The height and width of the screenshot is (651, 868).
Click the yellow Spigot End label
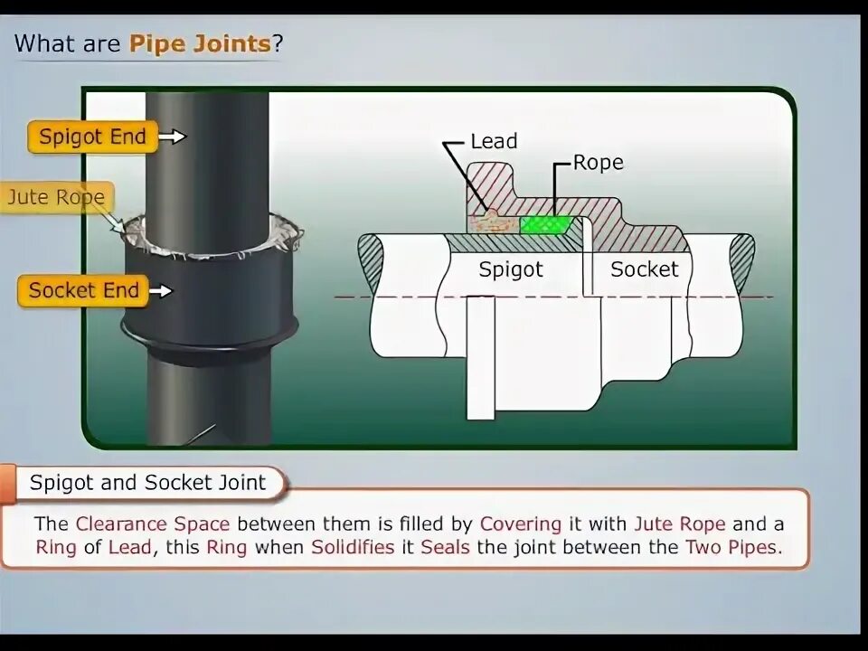(91, 137)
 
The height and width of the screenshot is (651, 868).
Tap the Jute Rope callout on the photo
(56, 197)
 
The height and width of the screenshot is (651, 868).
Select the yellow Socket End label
(83, 291)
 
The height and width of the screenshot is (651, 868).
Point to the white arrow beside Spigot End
(173, 137)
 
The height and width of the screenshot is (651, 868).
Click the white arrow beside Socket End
(160, 291)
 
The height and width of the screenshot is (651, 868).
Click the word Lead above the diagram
(494, 141)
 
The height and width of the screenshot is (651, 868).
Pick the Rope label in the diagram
(599, 163)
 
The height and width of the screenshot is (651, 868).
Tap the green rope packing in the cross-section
(547, 223)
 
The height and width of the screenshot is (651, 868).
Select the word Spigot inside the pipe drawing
(511, 269)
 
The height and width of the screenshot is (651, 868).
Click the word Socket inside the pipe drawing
(644, 269)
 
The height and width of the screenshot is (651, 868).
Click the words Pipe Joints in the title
(200, 42)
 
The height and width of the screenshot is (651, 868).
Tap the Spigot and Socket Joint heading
(147, 483)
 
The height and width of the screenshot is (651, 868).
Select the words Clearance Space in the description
(153, 524)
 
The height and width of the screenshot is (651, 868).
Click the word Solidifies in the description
(353, 547)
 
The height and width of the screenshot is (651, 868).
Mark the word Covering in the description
(521, 524)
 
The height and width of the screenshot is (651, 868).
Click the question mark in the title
(278, 42)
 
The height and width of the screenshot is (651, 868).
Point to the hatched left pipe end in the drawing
(371, 263)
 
